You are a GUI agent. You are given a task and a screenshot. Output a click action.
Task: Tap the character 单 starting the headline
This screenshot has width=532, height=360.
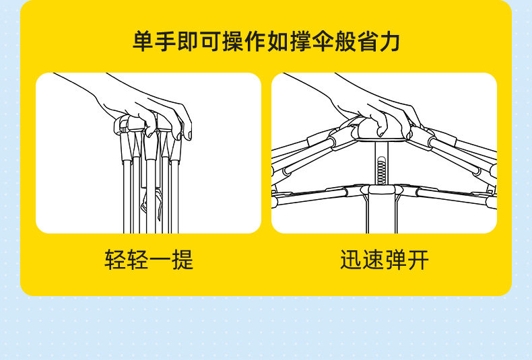143,41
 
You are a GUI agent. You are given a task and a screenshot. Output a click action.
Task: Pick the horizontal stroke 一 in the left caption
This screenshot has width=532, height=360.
149,259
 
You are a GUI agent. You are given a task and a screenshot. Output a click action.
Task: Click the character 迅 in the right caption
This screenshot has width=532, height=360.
351,259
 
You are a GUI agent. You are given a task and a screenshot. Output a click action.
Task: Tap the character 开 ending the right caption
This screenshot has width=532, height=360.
418,259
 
